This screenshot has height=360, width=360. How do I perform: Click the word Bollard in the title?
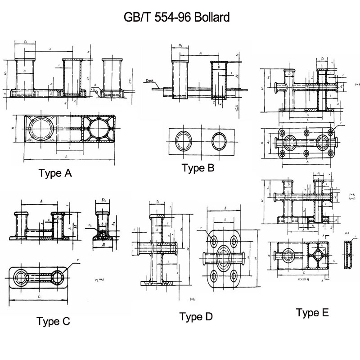(211, 18)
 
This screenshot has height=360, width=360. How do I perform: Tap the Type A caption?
(55, 173)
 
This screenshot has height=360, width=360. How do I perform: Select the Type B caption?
(198, 168)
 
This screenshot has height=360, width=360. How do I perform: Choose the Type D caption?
(196, 316)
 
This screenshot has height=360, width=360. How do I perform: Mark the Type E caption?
(313, 312)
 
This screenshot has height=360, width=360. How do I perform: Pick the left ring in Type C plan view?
(21, 275)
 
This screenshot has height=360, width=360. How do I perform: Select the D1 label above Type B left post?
(180, 45)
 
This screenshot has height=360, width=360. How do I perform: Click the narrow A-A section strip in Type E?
(347, 255)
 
